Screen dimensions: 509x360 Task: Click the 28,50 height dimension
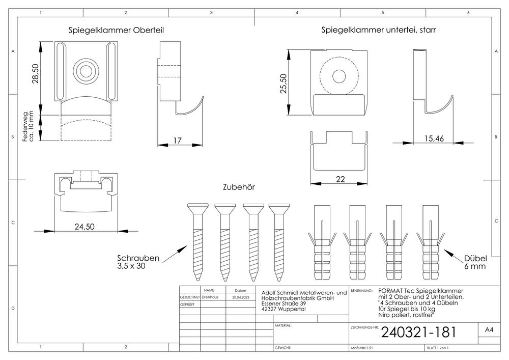[35, 74]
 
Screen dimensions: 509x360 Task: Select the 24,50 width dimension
[84, 227]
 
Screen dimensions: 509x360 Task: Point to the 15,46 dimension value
[434, 139]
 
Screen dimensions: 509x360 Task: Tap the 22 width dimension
[340, 179]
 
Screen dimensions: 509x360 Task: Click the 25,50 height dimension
[284, 84]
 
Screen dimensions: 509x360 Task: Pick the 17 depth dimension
[177, 141]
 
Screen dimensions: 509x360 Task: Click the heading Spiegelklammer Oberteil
[116, 30]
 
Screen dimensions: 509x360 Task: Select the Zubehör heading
[239, 187]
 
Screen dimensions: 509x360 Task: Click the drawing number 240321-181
[419, 332]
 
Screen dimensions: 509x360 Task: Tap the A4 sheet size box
[489, 329]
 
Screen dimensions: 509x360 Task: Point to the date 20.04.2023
[241, 297]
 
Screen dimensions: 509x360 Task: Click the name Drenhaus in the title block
[210, 297]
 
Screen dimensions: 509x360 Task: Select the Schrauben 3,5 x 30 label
[138, 262]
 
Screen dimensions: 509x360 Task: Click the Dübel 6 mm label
[475, 262]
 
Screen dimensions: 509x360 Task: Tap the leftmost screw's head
[197, 209]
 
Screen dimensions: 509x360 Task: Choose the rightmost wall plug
[431, 242]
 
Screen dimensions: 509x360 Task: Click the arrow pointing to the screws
[174, 254]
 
